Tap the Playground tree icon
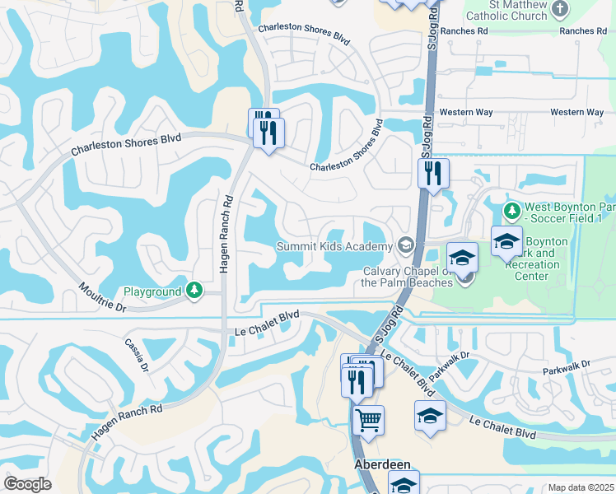click(194, 290)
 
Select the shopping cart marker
click(367, 421)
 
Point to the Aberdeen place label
click(382, 464)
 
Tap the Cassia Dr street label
click(137, 355)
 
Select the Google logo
click(28, 483)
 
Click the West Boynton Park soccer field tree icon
click(511, 210)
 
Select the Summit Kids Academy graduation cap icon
click(405, 245)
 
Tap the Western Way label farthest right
click(577, 112)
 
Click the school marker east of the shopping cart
click(429, 417)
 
